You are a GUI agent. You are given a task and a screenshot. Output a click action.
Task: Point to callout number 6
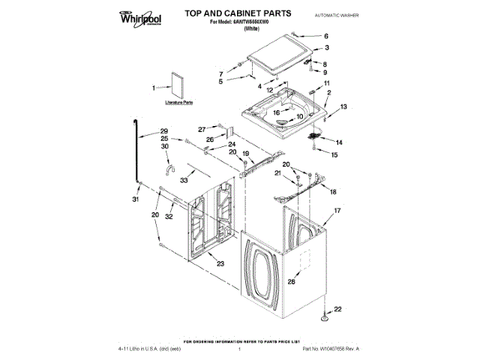pos(325,36)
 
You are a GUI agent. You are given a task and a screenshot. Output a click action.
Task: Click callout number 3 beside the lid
pos(325,47)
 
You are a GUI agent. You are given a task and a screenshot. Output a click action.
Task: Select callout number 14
pos(338,142)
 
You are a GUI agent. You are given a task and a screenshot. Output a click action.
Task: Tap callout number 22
pos(337,309)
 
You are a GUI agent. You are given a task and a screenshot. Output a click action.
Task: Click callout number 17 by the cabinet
pos(337,211)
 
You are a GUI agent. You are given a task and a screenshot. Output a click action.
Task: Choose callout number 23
pos(219,263)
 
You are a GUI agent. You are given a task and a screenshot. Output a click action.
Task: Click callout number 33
pos(184,181)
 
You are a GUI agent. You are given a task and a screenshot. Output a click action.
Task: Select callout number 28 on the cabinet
pos(291,282)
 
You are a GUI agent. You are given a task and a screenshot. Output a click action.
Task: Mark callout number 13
pos(344,107)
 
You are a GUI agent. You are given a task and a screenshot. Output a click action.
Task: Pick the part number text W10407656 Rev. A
pos(330,349)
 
